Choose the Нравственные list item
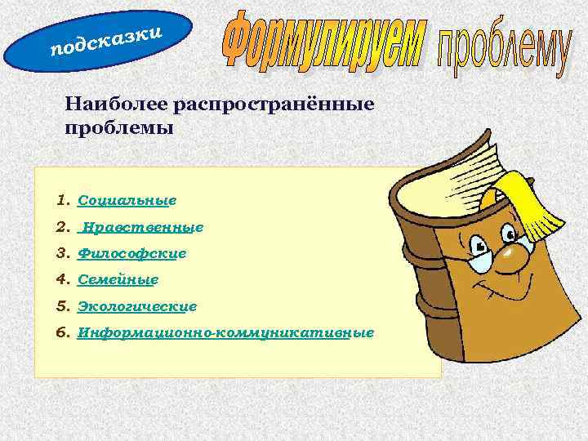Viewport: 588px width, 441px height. click(x=140, y=227)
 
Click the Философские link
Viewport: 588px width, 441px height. click(x=131, y=254)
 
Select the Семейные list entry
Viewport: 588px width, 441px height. click(x=118, y=280)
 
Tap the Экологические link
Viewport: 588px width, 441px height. click(x=137, y=306)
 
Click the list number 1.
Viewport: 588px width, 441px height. click(x=63, y=199)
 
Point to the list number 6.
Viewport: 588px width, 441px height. click(x=63, y=333)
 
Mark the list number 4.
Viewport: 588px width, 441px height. click(x=63, y=280)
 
